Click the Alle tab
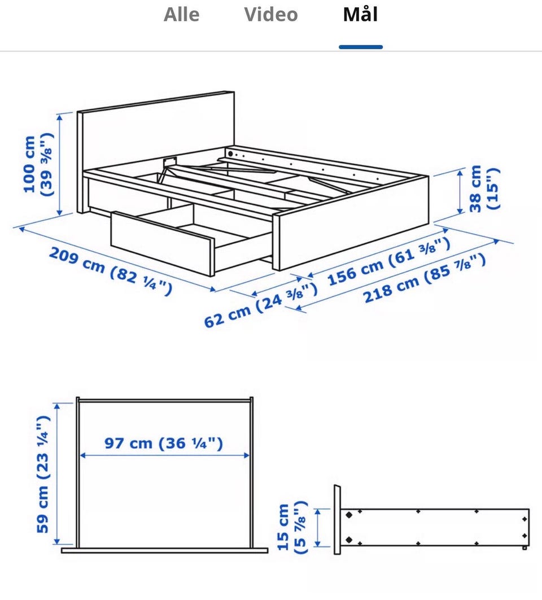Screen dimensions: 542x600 tap(181, 15)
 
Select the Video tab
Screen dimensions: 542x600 tap(271, 15)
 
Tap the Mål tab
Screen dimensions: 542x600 tap(361, 15)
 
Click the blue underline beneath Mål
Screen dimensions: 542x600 tap(361, 47)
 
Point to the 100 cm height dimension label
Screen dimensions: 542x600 tap(37, 165)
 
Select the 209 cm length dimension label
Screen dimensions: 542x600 tap(110, 270)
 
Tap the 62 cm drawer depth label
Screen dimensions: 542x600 tap(260, 305)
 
